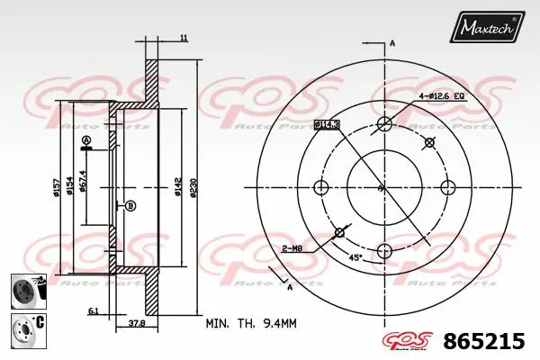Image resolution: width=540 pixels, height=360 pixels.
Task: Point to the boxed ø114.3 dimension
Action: [327, 124]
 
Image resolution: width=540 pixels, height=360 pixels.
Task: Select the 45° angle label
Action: [355, 257]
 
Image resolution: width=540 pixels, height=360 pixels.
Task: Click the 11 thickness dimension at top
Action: [183, 38]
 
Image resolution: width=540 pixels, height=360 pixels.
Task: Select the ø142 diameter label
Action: [177, 187]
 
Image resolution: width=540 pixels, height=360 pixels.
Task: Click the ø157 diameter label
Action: [56, 187]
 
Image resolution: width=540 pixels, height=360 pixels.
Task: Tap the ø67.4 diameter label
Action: [83, 181]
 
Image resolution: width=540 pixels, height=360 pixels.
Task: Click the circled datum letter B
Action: [131, 206]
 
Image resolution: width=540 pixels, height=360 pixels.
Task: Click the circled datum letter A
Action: [86, 141]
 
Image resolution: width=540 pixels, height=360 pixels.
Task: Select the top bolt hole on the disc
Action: [384, 124]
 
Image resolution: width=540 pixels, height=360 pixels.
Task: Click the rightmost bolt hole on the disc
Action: [446, 187]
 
